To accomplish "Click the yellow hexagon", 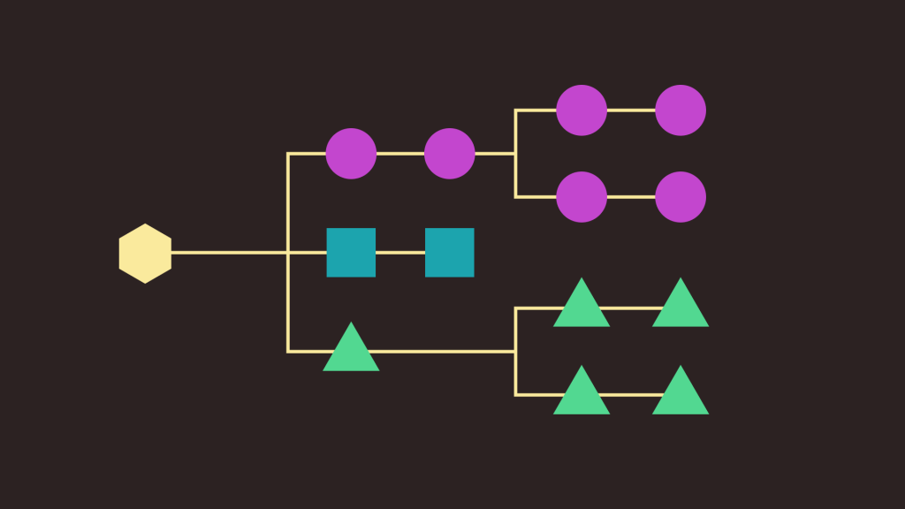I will (x=145, y=254).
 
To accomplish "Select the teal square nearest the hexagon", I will (x=351, y=253).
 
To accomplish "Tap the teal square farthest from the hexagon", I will (x=449, y=253).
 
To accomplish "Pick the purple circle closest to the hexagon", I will (x=351, y=154).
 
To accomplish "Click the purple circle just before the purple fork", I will (x=449, y=154).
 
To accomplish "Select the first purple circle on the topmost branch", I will (x=582, y=110).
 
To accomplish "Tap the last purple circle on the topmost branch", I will (x=681, y=110).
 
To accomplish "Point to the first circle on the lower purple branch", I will (x=582, y=197).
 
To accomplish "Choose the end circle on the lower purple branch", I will (x=681, y=197).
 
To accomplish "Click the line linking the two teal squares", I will (x=400, y=253).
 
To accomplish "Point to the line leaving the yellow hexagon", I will (x=230, y=253).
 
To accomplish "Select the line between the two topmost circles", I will (x=631, y=110).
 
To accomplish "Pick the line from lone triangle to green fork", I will (x=442, y=352).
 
